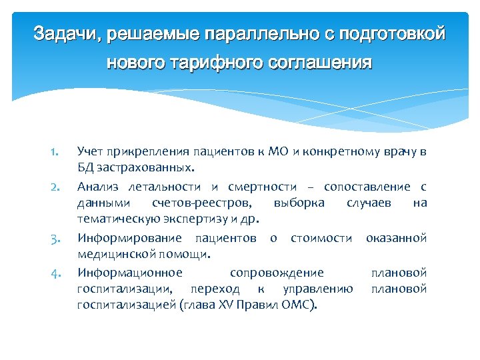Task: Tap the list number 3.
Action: pos(55,238)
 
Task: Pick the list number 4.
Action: pos(55,273)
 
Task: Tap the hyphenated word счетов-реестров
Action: pos(202,203)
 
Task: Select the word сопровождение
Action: pos(277,272)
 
